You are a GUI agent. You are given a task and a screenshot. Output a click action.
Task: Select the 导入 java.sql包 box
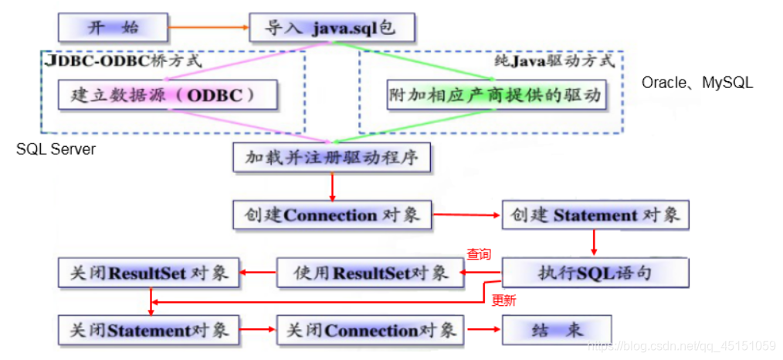(332, 29)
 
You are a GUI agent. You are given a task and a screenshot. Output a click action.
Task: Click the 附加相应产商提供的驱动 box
(495, 97)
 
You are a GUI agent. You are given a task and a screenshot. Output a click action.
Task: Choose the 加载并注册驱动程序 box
(332, 158)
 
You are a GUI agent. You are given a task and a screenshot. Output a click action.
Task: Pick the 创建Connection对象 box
(332, 216)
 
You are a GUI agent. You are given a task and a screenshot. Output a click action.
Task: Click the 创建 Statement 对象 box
(595, 216)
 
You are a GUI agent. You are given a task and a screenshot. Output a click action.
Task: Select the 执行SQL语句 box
(595, 273)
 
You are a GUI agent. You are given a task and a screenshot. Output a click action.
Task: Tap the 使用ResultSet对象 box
(370, 273)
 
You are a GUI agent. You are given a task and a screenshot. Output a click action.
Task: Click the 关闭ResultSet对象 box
(150, 273)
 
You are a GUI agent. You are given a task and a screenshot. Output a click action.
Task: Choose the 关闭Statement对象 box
(150, 330)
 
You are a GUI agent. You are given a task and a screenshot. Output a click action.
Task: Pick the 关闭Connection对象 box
(370, 330)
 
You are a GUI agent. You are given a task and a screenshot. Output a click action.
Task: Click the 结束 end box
(557, 330)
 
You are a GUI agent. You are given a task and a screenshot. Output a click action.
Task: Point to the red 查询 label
(478, 254)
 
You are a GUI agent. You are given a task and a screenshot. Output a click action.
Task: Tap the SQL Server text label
(56, 149)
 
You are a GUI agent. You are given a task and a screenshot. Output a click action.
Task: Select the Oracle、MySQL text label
(697, 82)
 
